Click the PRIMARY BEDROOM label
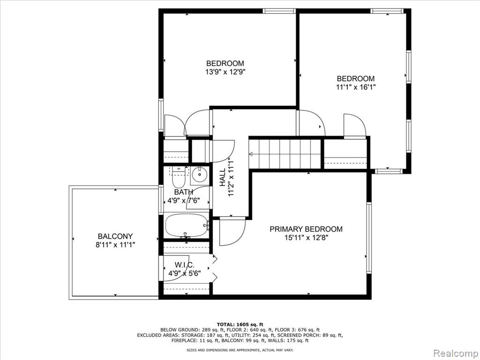pyautogui.click(x=306, y=229)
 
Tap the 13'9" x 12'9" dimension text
pyautogui.click(x=225, y=72)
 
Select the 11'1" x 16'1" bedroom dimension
pyautogui.click(x=355, y=87)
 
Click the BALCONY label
pyautogui.click(x=115, y=236)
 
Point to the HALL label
pyautogui.click(x=223, y=177)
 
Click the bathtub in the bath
pyautogui.click(x=187, y=225)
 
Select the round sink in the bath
pyautogui.click(x=200, y=175)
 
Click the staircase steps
pyautogui.click(x=285, y=154)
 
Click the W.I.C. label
pyautogui.click(x=184, y=265)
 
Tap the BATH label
pyautogui.click(x=184, y=192)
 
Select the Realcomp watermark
pyautogui.click(x=456, y=353)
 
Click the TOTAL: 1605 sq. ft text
pyautogui.click(x=240, y=324)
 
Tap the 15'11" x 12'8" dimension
pyautogui.click(x=306, y=238)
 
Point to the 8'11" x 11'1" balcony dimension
pyautogui.click(x=115, y=245)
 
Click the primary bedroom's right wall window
pyautogui.click(x=369, y=238)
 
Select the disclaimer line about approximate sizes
pyautogui.click(x=240, y=350)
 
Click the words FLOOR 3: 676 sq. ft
pyautogui.click(x=297, y=330)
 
